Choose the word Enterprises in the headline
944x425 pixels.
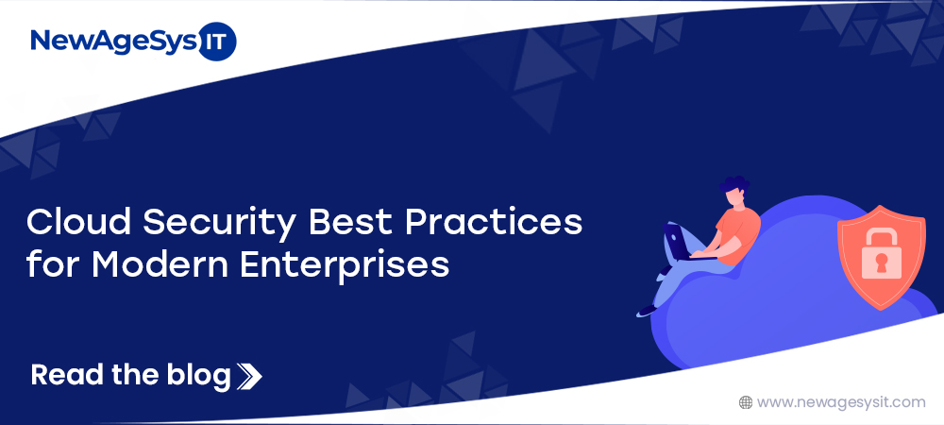pyautogui.click(x=345, y=266)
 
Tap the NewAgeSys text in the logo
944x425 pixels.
pyautogui.click(x=113, y=42)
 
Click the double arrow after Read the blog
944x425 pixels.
pyautogui.click(x=249, y=376)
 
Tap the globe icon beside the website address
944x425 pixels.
pyautogui.click(x=746, y=402)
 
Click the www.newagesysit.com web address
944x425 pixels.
pyautogui.click(x=841, y=402)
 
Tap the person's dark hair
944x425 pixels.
pyautogui.click(x=733, y=184)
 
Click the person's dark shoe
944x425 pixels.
pyautogui.click(x=648, y=311)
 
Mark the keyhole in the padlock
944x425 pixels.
pyautogui.click(x=882, y=263)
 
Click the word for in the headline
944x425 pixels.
pyautogui.click(x=52, y=264)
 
